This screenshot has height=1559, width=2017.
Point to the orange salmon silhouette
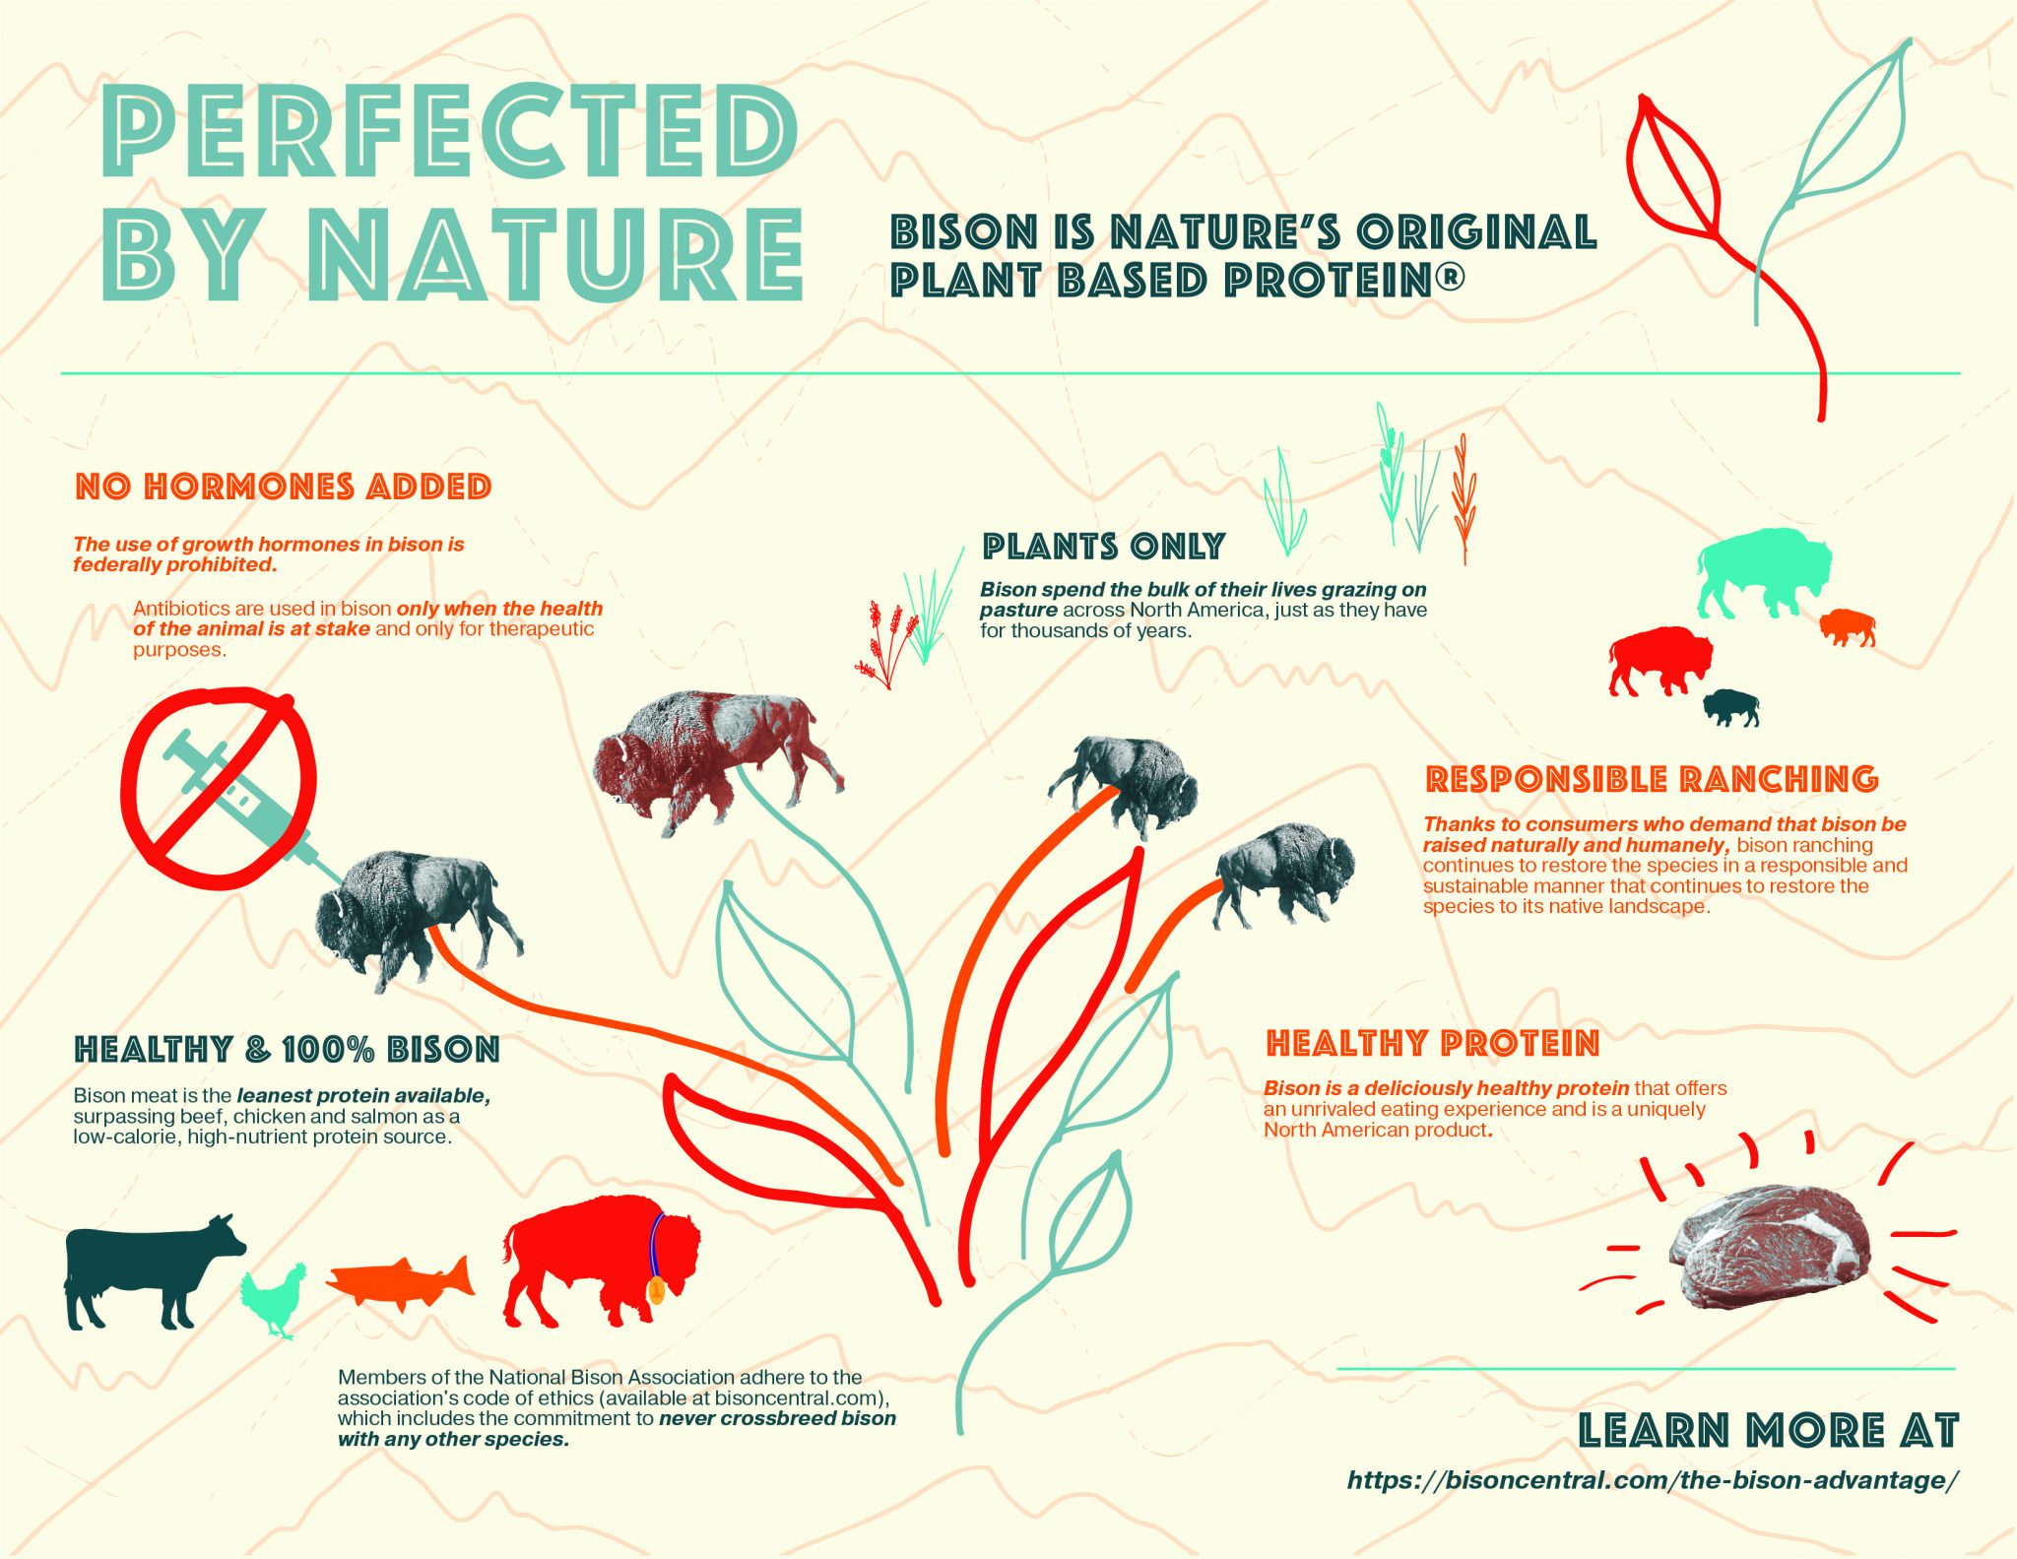(399, 1280)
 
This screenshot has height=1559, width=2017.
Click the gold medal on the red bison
(656, 1290)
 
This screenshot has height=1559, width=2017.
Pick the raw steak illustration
(1768, 1246)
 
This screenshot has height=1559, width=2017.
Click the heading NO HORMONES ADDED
(284, 487)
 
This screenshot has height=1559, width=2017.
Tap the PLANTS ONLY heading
(1103, 547)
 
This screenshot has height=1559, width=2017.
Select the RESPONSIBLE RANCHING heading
(1652, 779)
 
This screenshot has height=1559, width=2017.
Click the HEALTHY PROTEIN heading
(1432, 1043)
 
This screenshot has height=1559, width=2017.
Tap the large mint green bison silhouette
(1763, 571)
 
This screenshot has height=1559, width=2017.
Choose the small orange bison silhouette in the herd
(1847, 626)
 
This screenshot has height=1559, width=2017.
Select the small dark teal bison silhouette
(1731, 705)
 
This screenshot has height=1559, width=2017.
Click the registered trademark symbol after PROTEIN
(1450, 277)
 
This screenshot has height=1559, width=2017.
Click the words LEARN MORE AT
(1768, 1431)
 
